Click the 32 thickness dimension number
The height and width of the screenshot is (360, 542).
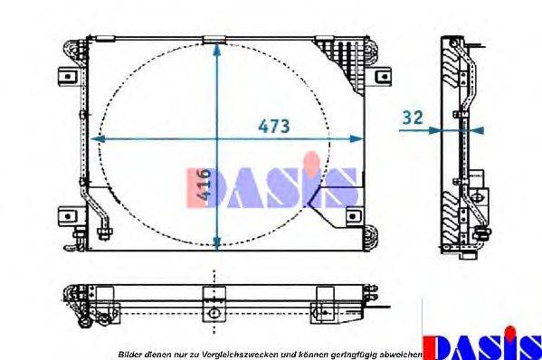[x=414, y=117]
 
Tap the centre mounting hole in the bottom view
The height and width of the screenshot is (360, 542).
[x=214, y=312]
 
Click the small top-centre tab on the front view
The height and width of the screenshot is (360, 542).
[x=214, y=38]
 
